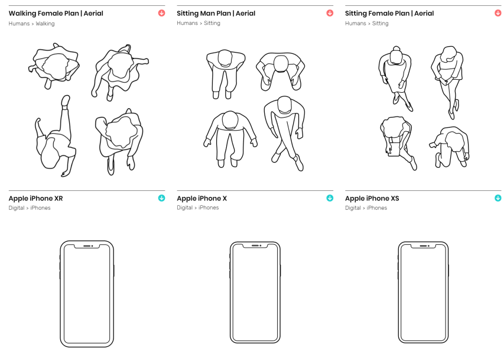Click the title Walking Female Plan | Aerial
[56, 14]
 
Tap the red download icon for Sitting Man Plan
[330, 13]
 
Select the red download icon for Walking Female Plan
[161, 13]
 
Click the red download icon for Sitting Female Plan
[498, 13]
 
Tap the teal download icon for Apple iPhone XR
[161, 198]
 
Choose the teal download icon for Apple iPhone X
[330, 198]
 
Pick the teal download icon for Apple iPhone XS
[498, 198]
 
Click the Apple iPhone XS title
[372, 199]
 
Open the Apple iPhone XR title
[35, 199]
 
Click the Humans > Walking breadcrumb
[31, 24]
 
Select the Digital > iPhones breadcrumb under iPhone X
[197, 208]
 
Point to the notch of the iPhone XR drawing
[87, 246]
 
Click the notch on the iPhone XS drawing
[423, 245]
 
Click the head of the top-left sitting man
[225, 57]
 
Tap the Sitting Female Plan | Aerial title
[389, 14]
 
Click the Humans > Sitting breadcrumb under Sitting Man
[198, 24]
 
